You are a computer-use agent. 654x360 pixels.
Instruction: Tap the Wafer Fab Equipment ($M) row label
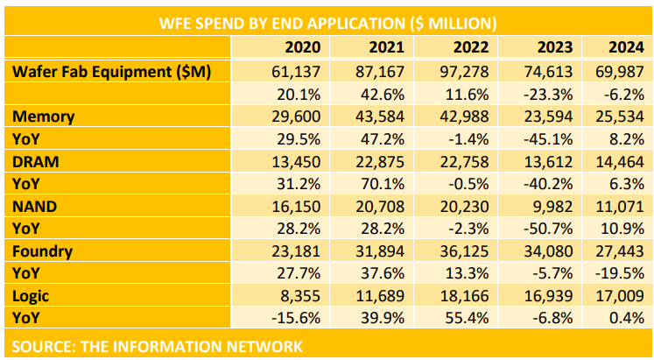pyautogui.click(x=111, y=71)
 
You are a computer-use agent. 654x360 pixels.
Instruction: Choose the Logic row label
pyautogui.click(x=32, y=297)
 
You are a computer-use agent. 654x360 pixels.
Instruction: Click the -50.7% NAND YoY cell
pyautogui.click(x=551, y=229)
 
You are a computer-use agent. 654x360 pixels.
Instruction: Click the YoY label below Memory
pyautogui.click(x=28, y=138)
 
